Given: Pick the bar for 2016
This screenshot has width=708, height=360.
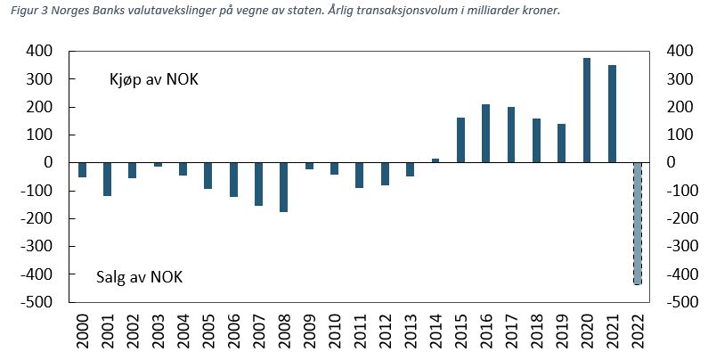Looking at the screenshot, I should [486, 134].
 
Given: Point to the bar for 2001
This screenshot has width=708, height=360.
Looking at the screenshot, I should [107, 179].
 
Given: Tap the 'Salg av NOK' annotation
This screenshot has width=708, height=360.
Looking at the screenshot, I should [139, 277].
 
